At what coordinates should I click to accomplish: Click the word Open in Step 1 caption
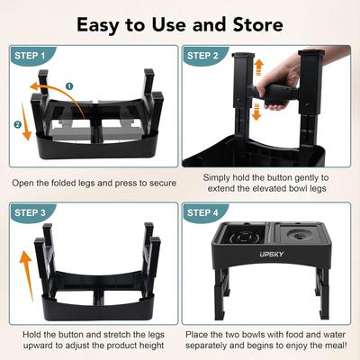pyautogui.click(x=28, y=182)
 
